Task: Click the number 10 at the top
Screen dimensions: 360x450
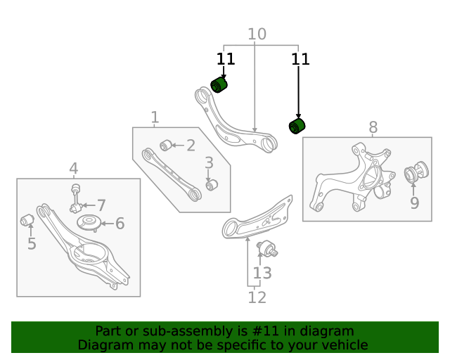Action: pyautogui.click(x=257, y=34)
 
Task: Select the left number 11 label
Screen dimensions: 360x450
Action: pyautogui.click(x=224, y=59)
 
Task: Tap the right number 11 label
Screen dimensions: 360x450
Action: pyautogui.click(x=300, y=59)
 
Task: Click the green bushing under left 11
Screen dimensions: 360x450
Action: pyautogui.click(x=220, y=85)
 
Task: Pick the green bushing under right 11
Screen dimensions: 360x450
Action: pyautogui.click(x=298, y=126)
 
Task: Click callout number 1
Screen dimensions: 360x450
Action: pyautogui.click(x=155, y=117)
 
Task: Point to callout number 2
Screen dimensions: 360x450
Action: pyautogui.click(x=191, y=146)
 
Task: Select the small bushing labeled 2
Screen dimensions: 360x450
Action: pyautogui.click(x=165, y=146)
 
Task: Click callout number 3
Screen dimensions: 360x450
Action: pyautogui.click(x=209, y=164)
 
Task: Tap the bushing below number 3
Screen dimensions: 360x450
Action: pyautogui.click(x=211, y=185)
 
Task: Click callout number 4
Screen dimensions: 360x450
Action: pyautogui.click(x=74, y=168)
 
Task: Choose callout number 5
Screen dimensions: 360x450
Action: pyautogui.click(x=32, y=244)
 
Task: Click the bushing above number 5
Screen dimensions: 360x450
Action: pyautogui.click(x=28, y=221)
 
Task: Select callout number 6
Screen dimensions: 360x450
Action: pyautogui.click(x=120, y=224)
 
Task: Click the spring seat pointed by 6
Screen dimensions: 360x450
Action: pyautogui.click(x=89, y=224)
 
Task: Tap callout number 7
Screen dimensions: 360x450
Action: pyautogui.click(x=101, y=205)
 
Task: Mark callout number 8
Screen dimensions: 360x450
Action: pyautogui.click(x=373, y=127)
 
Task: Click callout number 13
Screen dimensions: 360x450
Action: pyautogui.click(x=262, y=273)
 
